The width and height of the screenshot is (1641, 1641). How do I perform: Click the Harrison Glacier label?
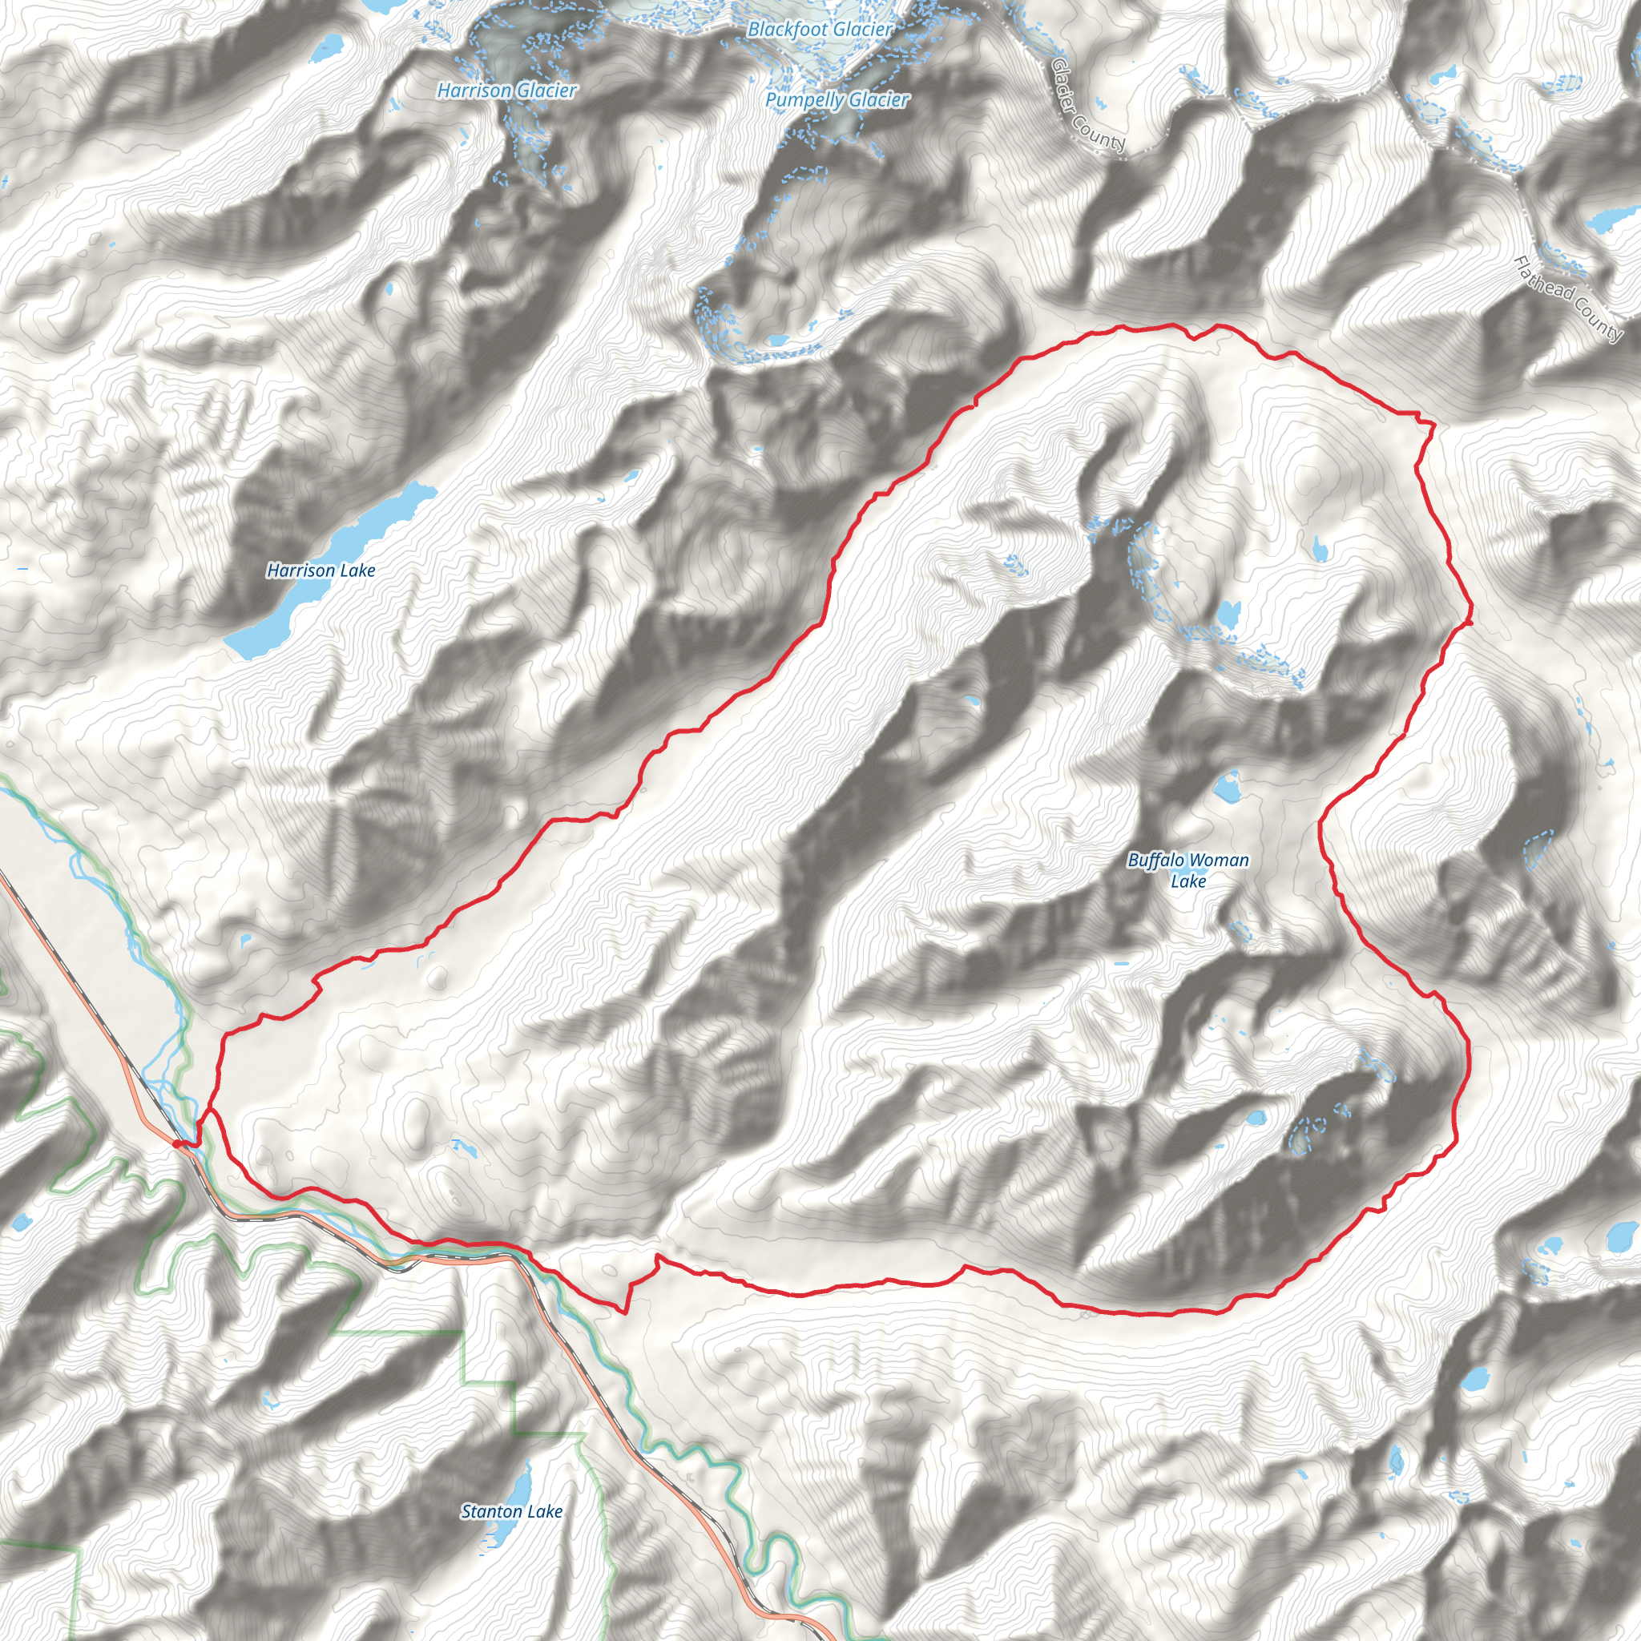(x=506, y=90)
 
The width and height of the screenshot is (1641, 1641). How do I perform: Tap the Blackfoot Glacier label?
(x=820, y=30)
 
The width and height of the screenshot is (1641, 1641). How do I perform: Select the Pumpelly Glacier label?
(x=837, y=100)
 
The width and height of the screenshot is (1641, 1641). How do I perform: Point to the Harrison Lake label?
(x=321, y=571)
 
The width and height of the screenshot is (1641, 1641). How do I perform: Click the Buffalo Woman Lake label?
(x=1188, y=869)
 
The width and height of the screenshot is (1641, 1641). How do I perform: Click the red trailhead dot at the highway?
(x=178, y=1144)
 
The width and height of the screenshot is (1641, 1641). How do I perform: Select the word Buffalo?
(x=1156, y=861)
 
